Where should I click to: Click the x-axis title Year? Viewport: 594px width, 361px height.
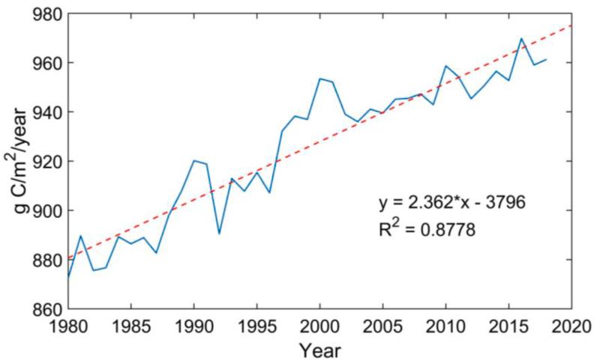(x=320, y=349)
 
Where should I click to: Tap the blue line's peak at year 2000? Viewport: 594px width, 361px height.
(x=320, y=78)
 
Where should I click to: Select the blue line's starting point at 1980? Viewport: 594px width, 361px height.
(x=68, y=276)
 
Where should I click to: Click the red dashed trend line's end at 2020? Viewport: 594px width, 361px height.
(x=571, y=25)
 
